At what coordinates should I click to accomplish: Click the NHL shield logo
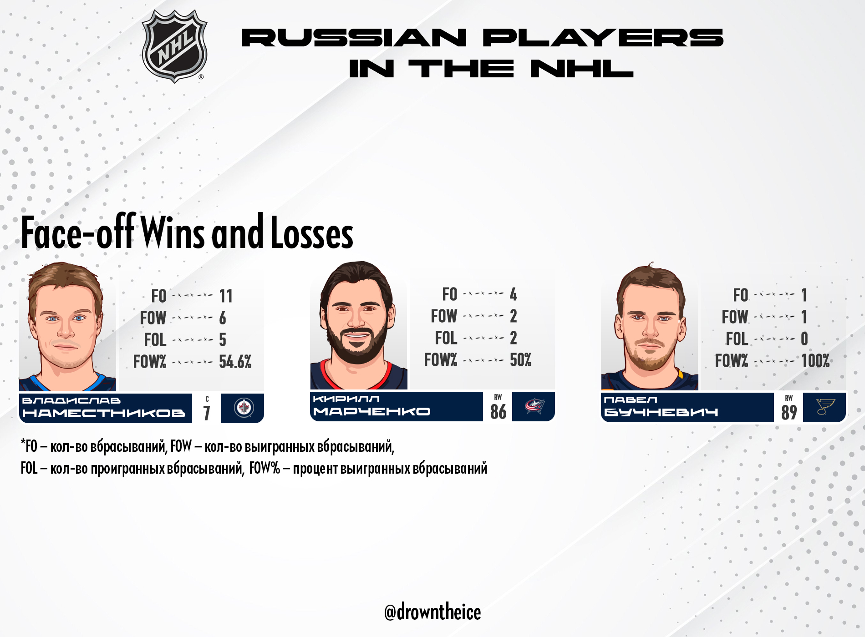174,46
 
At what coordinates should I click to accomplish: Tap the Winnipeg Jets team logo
244,408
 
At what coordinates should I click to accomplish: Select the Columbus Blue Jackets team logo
534,405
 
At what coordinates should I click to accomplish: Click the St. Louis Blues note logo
825,406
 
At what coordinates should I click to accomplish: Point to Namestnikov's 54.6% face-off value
235,362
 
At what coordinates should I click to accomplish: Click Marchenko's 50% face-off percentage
520,360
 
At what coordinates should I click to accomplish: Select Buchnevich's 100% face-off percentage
815,361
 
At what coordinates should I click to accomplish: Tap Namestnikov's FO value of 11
226,296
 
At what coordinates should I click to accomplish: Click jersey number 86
498,411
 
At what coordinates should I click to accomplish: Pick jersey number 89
789,412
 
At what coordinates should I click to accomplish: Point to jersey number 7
207,413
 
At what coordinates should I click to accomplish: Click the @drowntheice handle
432,612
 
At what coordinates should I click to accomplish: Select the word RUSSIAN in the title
354,37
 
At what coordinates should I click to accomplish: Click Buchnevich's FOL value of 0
804,339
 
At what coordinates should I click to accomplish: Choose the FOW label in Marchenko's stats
444,316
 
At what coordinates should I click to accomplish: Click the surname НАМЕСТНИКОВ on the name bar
104,413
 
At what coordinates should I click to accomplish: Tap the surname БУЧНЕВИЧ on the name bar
661,412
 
